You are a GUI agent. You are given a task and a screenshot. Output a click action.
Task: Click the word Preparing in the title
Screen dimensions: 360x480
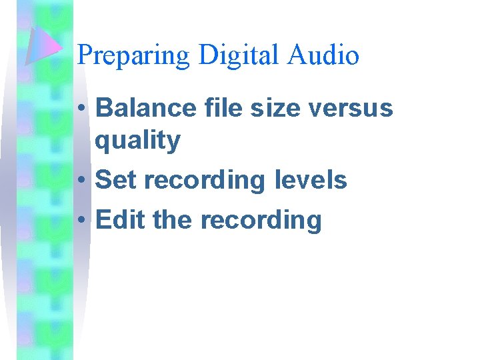click(x=134, y=55)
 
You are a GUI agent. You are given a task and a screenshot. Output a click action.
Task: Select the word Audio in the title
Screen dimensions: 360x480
click(x=324, y=55)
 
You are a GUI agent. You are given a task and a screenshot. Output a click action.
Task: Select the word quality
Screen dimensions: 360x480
click(x=138, y=140)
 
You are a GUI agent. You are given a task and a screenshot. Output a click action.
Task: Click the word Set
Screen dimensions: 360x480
click(x=117, y=180)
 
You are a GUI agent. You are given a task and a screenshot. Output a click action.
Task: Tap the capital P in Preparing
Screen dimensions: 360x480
click(x=85, y=55)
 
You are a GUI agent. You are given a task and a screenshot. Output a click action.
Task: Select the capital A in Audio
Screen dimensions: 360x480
click(x=297, y=55)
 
